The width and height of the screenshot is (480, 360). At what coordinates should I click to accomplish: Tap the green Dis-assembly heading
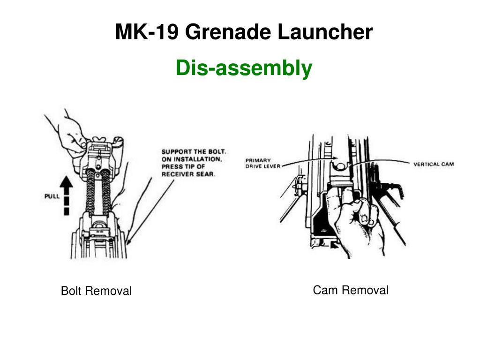click(x=244, y=68)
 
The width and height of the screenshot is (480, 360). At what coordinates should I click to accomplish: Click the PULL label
click(x=52, y=196)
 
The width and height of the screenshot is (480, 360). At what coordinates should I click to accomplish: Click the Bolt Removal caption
click(x=96, y=291)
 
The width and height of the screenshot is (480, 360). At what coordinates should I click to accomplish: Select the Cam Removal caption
click(x=351, y=290)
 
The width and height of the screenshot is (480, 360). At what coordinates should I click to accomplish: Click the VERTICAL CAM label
click(x=433, y=164)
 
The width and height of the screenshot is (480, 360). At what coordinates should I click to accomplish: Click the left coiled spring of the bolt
click(x=91, y=192)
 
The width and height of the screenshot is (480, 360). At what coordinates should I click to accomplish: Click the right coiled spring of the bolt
click(x=106, y=192)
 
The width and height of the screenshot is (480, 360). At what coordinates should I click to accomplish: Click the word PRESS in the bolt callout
click(x=172, y=167)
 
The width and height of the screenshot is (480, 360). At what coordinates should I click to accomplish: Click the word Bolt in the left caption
click(x=71, y=291)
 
